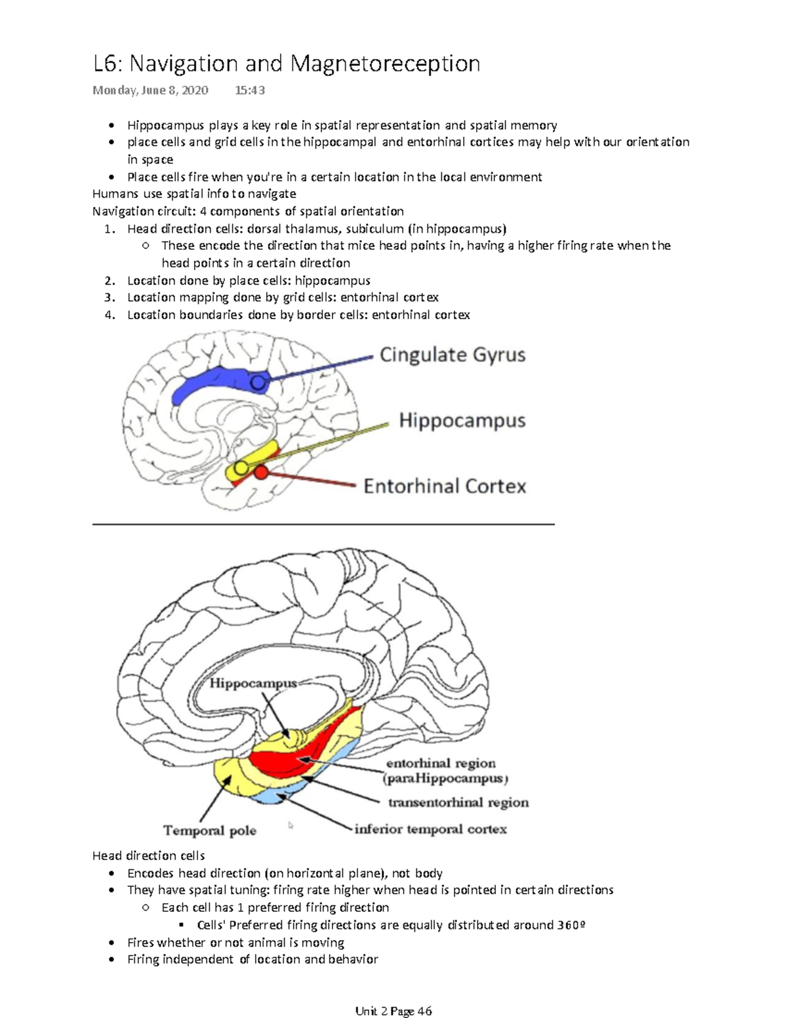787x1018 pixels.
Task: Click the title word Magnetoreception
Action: click(x=385, y=64)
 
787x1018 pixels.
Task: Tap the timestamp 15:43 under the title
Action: click(x=249, y=90)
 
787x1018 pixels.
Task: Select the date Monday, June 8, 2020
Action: click(x=150, y=90)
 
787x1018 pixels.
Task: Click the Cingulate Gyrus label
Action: click(x=453, y=355)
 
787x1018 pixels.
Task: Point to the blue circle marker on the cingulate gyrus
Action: click(x=259, y=382)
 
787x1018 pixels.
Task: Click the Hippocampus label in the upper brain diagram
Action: click(x=462, y=420)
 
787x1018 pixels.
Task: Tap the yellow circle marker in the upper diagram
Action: click(x=241, y=467)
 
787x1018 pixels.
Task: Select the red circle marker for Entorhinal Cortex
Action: click(x=261, y=472)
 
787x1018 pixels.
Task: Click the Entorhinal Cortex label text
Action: click(x=445, y=486)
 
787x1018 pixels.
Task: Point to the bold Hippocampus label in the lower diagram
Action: click(x=253, y=683)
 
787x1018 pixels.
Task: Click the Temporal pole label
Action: click(x=210, y=831)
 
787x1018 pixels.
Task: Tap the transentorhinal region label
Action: click(x=458, y=802)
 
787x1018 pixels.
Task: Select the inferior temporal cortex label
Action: click(x=430, y=829)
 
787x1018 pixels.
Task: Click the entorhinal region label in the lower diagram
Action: click(x=441, y=763)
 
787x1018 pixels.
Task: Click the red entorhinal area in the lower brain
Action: click(x=289, y=760)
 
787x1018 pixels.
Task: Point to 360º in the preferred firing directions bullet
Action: click(x=571, y=925)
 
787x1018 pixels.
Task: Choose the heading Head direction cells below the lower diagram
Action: click(x=148, y=855)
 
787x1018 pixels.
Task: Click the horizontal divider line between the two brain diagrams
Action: click(x=323, y=524)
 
